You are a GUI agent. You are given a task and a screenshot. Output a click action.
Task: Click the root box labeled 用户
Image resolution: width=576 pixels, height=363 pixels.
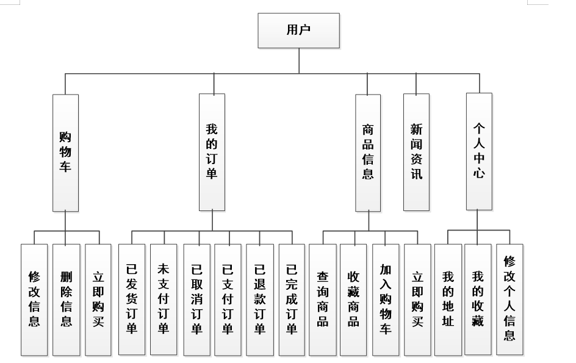click(x=298, y=31)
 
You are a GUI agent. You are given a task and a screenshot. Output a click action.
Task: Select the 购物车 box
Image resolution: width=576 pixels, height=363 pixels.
click(x=65, y=153)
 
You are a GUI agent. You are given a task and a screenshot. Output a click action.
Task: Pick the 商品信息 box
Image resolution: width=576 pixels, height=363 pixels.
click(x=368, y=153)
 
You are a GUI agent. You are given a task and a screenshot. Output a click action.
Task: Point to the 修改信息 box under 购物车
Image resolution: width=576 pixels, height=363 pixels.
click(x=34, y=300)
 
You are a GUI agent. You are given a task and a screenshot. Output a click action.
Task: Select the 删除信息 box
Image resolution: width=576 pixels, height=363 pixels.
click(x=66, y=300)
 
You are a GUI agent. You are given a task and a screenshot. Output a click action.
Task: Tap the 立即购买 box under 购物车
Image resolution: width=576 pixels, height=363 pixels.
click(x=98, y=300)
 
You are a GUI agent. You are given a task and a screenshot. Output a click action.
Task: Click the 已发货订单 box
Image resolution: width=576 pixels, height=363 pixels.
click(x=131, y=300)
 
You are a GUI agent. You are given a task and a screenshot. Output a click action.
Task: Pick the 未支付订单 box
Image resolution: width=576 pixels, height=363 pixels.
click(x=164, y=300)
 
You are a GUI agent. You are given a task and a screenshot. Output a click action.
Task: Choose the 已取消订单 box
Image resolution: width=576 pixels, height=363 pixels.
click(x=196, y=300)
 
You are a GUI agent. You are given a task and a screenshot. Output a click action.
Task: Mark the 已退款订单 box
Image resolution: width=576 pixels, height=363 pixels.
click(x=260, y=300)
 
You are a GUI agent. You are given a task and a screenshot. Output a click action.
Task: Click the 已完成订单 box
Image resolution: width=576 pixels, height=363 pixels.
click(x=292, y=300)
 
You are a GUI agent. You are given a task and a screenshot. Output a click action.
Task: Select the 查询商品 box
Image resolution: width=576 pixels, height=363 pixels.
click(x=322, y=300)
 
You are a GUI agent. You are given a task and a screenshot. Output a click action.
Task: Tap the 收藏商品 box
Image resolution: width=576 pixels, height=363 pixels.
click(x=354, y=300)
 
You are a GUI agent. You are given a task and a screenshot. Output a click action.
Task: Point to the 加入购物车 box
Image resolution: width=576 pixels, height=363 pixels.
click(x=386, y=300)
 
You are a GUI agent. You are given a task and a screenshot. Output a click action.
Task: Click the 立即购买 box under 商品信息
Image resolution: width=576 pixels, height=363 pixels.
click(x=417, y=300)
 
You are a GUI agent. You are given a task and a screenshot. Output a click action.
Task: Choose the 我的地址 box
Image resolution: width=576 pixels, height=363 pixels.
click(x=448, y=300)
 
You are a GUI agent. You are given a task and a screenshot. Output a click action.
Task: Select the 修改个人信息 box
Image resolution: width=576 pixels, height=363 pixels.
click(x=509, y=300)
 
